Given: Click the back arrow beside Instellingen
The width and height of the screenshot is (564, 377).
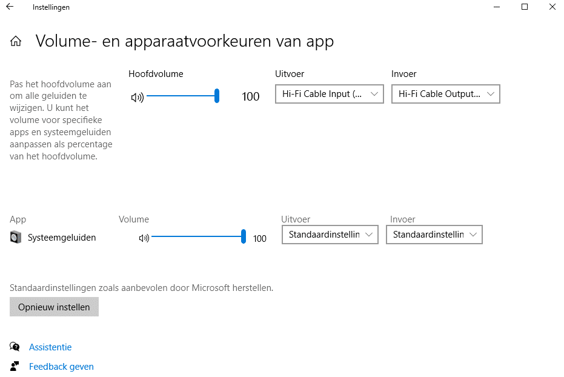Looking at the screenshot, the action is (10, 7).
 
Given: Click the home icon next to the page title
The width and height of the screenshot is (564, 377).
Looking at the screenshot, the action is (16, 41).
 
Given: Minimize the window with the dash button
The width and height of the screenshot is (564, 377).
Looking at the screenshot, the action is (497, 7).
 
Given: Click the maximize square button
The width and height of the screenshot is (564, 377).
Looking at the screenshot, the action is (525, 7).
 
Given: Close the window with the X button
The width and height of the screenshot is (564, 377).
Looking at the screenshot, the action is (552, 7).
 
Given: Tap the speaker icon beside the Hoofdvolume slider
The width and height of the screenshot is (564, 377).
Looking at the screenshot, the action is (137, 97).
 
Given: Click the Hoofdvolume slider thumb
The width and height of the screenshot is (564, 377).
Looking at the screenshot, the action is (217, 96).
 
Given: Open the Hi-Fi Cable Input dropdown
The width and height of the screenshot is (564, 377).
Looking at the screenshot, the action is (330, 94).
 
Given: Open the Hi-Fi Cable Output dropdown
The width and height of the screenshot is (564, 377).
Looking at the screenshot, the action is (446, 94).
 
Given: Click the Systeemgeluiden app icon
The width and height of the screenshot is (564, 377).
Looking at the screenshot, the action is (16, 237).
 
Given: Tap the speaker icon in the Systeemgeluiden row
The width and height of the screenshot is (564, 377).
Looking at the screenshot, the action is (144, 238).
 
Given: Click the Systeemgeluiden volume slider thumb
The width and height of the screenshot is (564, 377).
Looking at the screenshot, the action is (244, 237).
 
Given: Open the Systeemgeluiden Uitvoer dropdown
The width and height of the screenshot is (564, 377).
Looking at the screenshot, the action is (330, 235).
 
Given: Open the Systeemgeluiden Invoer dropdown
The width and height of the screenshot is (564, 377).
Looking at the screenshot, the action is (434, 235).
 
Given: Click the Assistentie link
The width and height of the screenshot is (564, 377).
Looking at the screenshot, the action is (50, 347).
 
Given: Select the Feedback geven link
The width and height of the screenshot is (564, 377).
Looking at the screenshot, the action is (61, 367).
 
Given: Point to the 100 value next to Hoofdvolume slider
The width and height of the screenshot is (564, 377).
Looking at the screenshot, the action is (250, 96).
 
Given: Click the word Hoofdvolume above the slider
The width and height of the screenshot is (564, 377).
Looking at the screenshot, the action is (156, 74).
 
